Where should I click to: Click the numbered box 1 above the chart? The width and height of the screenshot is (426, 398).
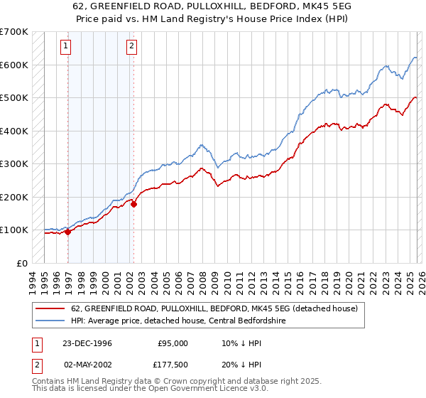65,47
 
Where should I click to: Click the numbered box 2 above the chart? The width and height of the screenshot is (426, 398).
132,47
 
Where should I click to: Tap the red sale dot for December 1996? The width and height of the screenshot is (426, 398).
68,231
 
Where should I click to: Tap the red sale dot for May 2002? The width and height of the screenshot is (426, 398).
133,204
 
